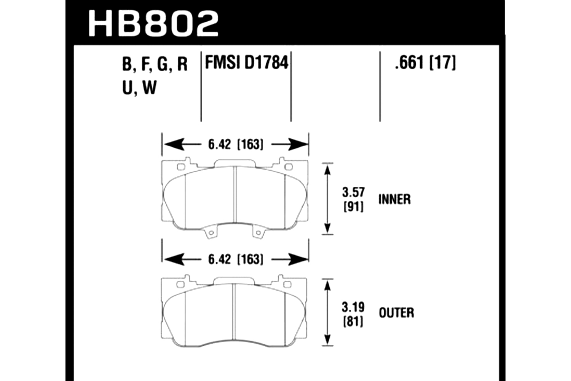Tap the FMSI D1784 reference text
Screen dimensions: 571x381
tap(247, 62)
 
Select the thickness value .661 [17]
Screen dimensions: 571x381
tap(425, 63)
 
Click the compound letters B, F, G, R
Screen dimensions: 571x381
tap(155, 64)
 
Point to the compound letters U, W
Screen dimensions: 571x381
tap(139, 87)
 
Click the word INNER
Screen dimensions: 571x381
tap(394, 199)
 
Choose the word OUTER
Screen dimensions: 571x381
tap(396, 313)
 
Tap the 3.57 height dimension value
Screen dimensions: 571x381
tap(353, 192)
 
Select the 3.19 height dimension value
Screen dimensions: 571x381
tap(353, 307)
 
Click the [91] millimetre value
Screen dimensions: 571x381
tap(353, 207)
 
